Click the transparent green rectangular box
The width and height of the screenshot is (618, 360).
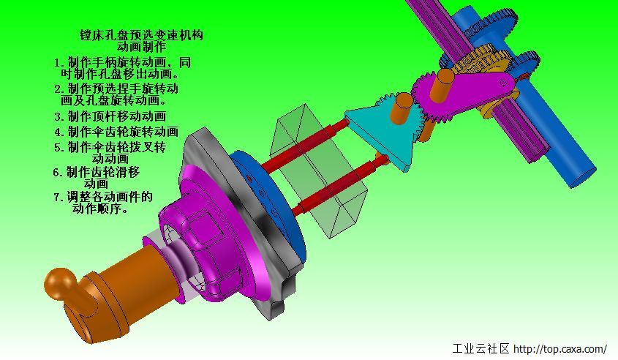coord(318,170)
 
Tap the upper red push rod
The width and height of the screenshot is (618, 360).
coord(304,145)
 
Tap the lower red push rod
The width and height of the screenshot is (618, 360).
coord(339,185)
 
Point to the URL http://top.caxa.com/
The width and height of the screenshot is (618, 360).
coord(560,349)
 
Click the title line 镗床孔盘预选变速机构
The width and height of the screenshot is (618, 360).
coord(141,34)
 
